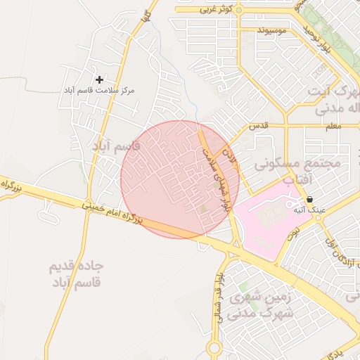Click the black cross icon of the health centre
point(99,80)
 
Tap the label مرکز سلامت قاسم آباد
point(98,91)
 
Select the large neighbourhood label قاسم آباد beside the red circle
point(116,146)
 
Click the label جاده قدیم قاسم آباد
point(76,274)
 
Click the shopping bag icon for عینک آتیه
point(309,200)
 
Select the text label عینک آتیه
point(309,210)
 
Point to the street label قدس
point(260,125)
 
